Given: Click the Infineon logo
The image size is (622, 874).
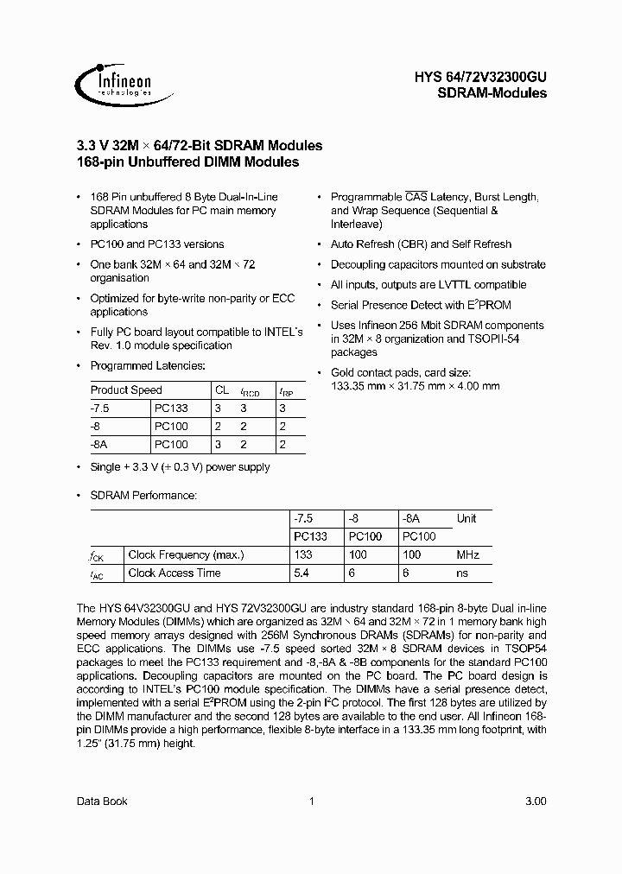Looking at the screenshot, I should point(113,82).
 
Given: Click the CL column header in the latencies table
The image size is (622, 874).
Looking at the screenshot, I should point(222,390).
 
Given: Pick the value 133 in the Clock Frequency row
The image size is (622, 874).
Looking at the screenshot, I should point(303,554).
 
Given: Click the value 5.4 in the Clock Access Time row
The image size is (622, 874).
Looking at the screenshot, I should point(302,573).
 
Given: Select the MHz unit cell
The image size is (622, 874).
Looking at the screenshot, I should point(468,554).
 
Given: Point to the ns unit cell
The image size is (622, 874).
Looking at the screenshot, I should point(462,573).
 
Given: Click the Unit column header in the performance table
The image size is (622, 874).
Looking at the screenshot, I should point(466,518).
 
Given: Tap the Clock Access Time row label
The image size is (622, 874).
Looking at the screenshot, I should point(175,573).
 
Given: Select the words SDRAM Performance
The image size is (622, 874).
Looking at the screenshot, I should point(143,495).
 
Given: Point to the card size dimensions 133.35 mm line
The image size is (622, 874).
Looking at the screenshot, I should point(415,386).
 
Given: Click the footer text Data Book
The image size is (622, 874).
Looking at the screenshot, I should point(102,801).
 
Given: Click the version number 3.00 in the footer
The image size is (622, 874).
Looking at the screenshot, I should point(535,801).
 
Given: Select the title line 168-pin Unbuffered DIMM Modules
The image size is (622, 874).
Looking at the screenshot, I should point(188,161).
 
